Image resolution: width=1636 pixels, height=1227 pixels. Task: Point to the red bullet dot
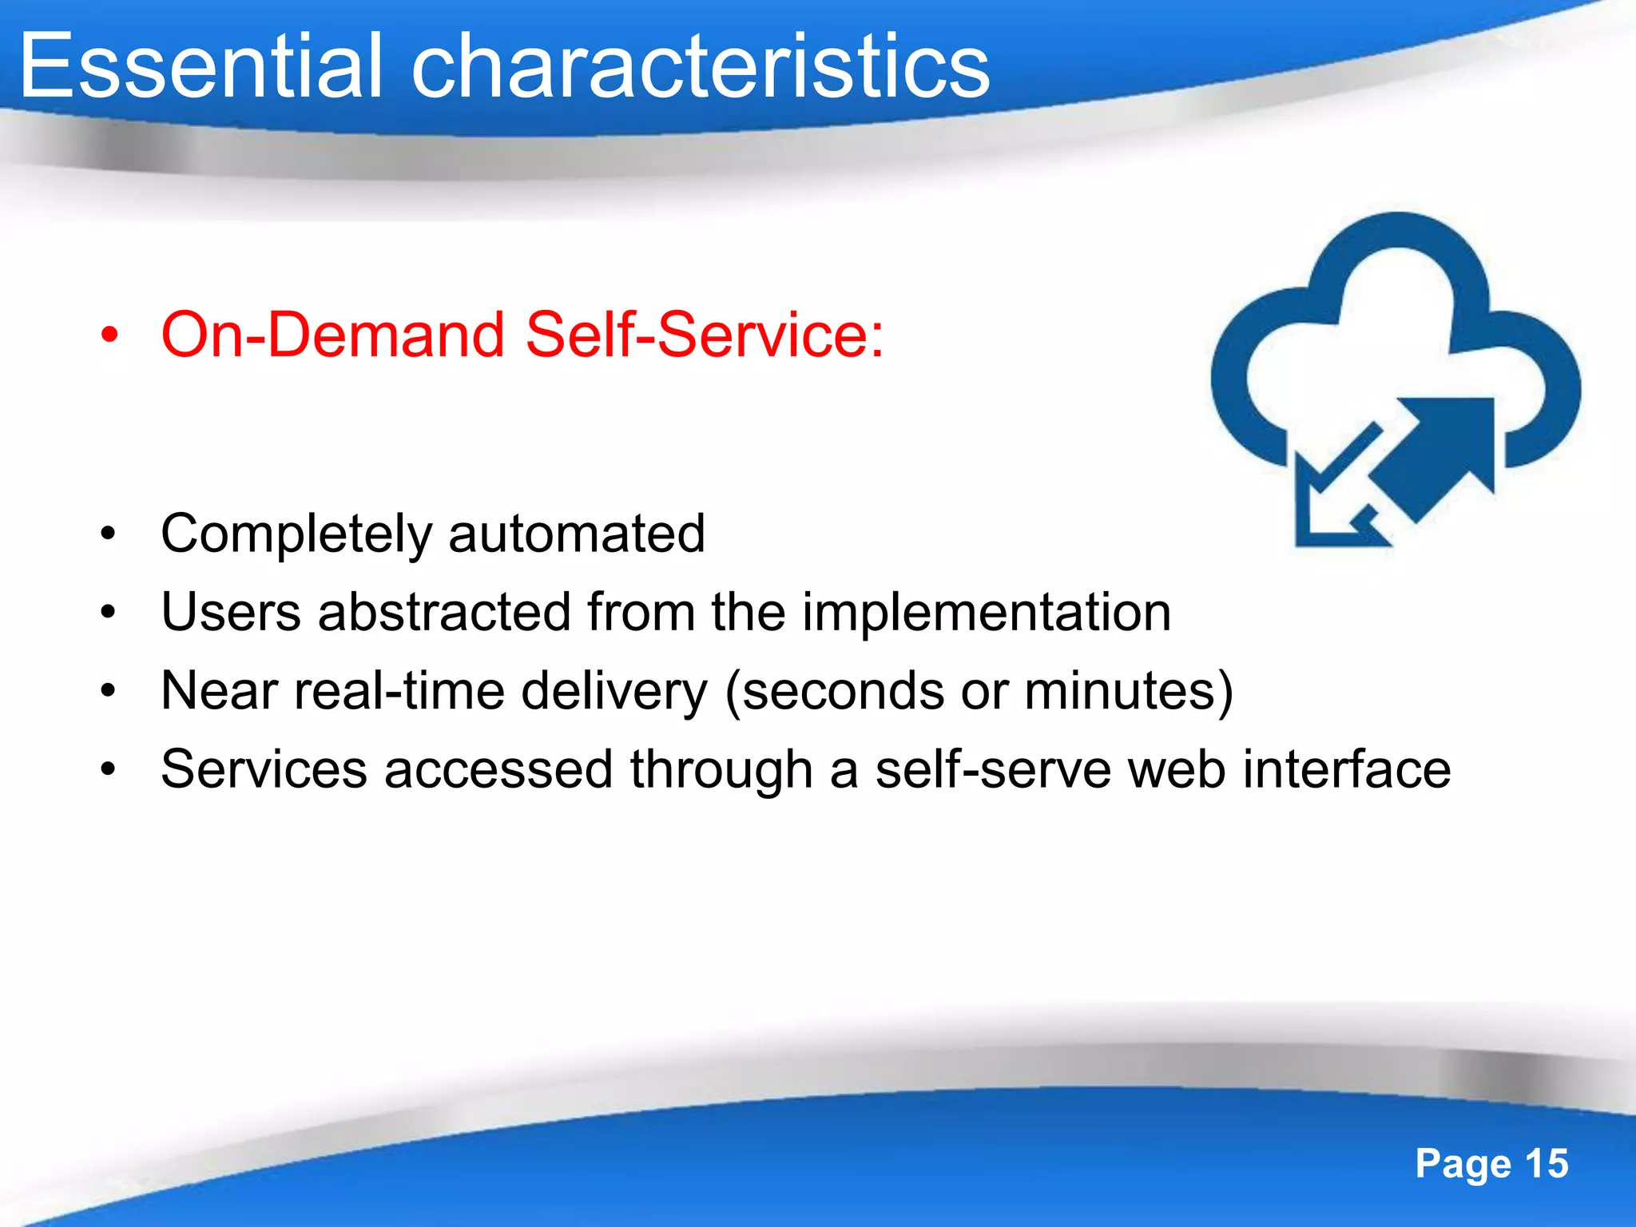point(109,336)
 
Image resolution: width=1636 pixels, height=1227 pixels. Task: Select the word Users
point(231,613)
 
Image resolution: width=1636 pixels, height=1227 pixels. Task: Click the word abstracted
point(444,613)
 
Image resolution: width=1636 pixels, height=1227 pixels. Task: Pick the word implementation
point(986,613)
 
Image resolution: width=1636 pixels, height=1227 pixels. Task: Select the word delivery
point(614,690)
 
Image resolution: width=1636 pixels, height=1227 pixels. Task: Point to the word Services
point(264,769)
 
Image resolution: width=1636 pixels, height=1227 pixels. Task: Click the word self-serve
point(993,769)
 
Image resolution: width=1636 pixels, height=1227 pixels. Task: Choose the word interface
point(1347,769)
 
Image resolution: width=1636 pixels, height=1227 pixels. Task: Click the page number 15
point(1547,1164)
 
